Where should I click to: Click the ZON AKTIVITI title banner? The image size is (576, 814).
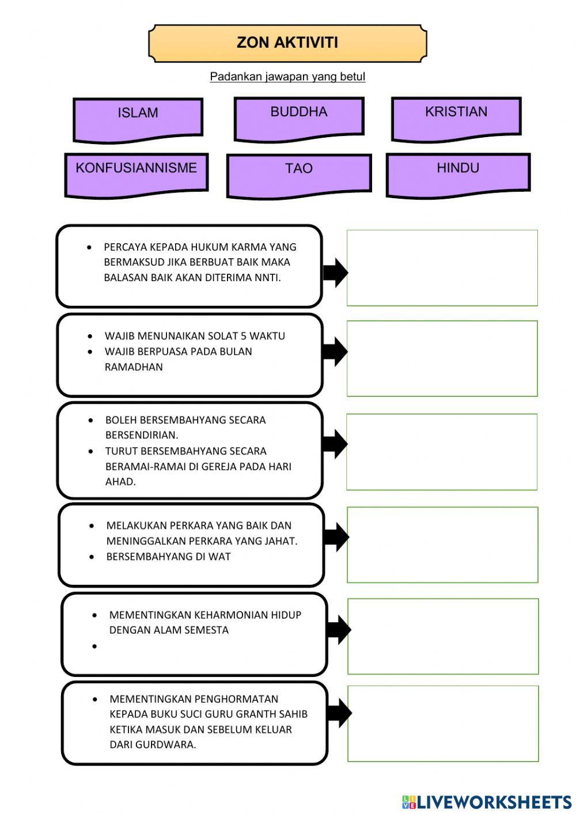coord(287,43)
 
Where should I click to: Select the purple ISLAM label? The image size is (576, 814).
coord(138,119)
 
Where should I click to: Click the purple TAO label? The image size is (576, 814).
coord(298,175)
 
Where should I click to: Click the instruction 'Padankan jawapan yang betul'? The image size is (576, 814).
coord(287,77)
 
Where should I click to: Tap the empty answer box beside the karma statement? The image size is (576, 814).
coord(442,268)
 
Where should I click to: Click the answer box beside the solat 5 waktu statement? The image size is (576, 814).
coord(442,358)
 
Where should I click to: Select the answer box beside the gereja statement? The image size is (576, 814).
coord(442,452)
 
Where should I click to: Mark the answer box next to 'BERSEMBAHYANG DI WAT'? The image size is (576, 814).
coord(442,544)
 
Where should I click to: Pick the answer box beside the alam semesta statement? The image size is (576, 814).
coord(443,636)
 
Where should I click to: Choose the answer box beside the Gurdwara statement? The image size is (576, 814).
coord(443,724)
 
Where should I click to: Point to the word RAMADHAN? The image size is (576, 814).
coord(134,367)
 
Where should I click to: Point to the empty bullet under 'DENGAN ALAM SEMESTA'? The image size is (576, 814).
coord(94,646)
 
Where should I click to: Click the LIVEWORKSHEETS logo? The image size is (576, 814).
coord(487,802)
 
